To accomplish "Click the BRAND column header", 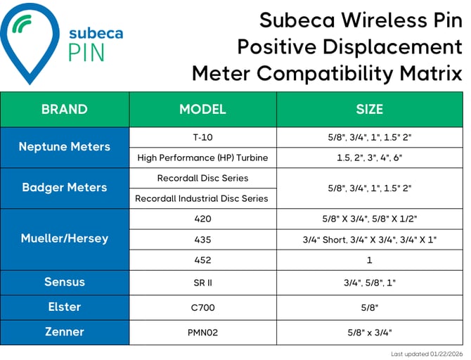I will [65, 109].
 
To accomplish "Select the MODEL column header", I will [202, 109].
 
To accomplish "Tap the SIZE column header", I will [369, 109].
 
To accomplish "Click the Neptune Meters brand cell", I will [65, 147].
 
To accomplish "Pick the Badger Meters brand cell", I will [65, 188].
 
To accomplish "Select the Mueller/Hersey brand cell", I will [65, 238].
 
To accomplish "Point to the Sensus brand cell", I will [65, 282].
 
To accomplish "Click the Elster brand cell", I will [65, 307].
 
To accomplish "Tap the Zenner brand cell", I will [65, 332].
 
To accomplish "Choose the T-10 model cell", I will [202, 137].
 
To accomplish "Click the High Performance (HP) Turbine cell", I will [202, 157].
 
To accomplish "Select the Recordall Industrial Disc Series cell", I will [202, 198].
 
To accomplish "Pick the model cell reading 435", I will [202, 239].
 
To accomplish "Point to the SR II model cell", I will [202, 283].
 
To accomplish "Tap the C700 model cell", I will [202, 307].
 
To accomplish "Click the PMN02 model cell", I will [202, 333].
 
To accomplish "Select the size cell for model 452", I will [369, 260].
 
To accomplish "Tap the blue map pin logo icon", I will [27, 39].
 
